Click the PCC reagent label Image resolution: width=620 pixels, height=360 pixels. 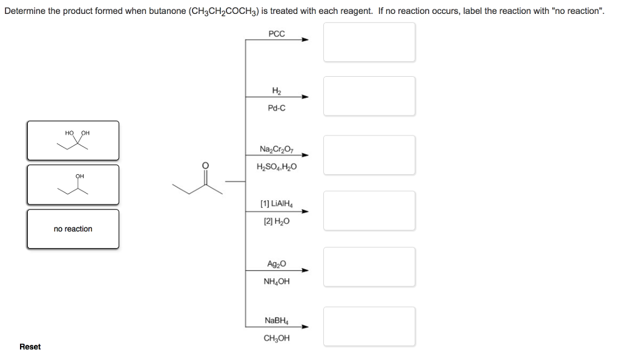[x=276, y=34]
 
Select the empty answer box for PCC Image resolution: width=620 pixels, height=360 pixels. [x=369, y=42]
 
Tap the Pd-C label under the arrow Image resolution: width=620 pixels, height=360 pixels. [x=276, y=108]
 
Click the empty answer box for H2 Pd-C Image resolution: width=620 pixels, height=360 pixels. [x=369, y=96]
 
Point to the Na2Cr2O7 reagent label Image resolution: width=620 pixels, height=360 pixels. [x=276, y=149]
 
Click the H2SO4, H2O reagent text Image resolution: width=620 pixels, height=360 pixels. [x=277, y=167]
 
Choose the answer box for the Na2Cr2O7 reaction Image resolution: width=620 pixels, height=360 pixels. [x=369, y=154]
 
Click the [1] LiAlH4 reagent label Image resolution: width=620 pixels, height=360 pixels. [x=276, y=204]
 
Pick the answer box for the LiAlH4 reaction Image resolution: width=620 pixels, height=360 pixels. [x=369, y=211]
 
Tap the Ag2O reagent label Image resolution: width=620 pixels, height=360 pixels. [x=276, y=264]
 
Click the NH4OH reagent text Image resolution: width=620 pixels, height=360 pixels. [x=277, y=281]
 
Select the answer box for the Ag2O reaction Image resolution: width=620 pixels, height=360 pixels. [x=369, y=266]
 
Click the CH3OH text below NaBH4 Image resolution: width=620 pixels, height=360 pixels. [x=277, y=338]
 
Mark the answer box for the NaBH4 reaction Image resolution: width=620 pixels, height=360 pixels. [x=369, y=326]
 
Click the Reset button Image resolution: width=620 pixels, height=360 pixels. [x=30, y=347]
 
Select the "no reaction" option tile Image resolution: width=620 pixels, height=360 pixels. [x=73, y=229]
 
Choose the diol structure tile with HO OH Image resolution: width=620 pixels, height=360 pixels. [x=73, y=140]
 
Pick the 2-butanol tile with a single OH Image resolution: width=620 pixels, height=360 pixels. [x=73, y=184]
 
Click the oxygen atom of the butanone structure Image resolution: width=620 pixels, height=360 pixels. [x=205, y=165]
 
